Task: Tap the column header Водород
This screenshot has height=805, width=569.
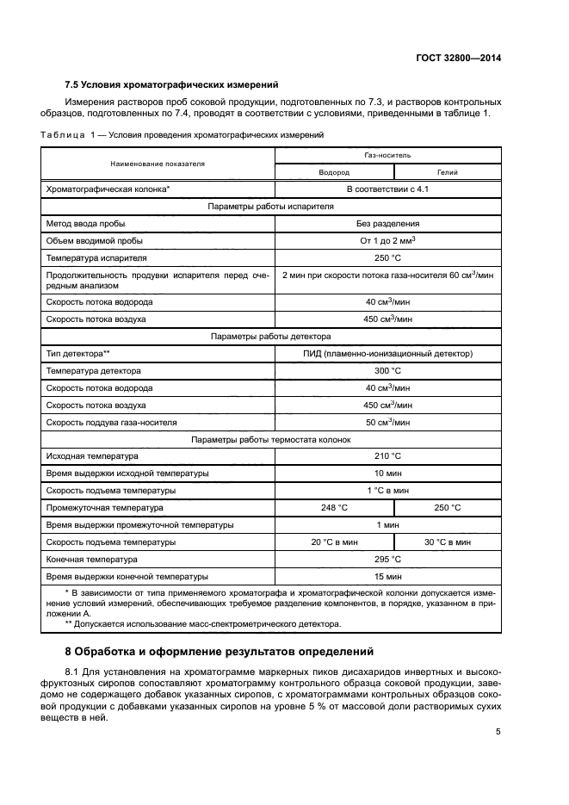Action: [334, 172]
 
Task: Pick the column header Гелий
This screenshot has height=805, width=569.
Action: [448, 172]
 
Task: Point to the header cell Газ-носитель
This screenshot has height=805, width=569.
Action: [388, 155]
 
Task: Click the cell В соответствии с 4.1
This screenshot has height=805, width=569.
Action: [388, 188]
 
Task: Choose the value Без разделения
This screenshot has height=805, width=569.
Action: [388, 223]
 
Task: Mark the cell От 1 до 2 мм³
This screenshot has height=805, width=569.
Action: [388, 240]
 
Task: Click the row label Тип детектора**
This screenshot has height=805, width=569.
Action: [77, 353]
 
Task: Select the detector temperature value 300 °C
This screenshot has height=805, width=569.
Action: [388, 370]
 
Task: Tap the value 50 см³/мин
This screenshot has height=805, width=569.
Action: [388, 422]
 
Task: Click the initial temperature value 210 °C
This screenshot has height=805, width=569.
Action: [388, 455]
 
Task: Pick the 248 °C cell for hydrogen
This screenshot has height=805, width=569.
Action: [334, 508]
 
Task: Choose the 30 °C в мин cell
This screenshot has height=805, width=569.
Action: [448, 542]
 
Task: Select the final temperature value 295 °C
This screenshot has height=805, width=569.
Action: [388, 560]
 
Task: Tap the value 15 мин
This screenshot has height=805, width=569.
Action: [388, 577]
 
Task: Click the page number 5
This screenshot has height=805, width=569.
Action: [498, 731]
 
